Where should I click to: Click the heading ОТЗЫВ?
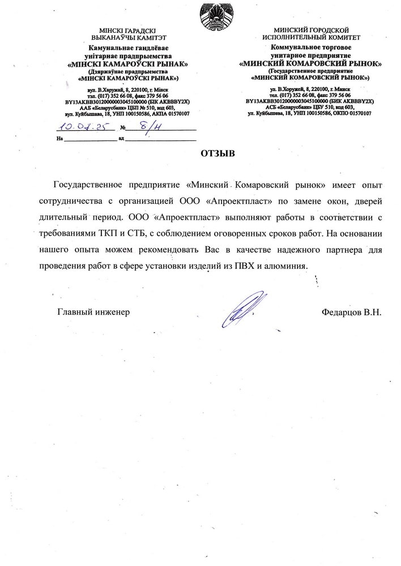click(x=217, y=154)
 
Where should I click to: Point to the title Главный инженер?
click(x=93, y=311)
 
